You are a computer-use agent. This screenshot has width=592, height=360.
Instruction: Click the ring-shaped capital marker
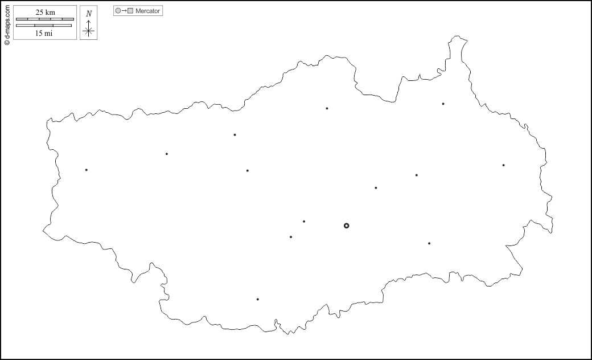tap(346, 226)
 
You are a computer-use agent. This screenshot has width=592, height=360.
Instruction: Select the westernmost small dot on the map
tap(87, 170)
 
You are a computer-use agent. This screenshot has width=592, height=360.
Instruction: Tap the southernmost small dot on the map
tap(257, 299)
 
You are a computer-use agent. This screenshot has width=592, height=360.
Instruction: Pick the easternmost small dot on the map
tap(503, 165)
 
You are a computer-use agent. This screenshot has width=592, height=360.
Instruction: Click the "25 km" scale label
tap(45, 13)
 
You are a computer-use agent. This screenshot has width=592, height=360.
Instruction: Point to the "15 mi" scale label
tap(44, 33)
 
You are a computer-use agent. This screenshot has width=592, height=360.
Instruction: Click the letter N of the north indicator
tap(88, 14)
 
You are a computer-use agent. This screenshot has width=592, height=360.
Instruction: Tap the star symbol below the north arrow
tap(88, 31)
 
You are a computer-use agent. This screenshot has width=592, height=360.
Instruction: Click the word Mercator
tap(148, 11)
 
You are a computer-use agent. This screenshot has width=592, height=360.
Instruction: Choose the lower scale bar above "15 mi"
tap(44, 26)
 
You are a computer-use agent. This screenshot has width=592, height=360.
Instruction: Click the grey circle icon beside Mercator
tap(118, 11)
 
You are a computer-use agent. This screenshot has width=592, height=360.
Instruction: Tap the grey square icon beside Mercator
tap(130, 11)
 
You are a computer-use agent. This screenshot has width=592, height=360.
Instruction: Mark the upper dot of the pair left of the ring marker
tap(304, 222)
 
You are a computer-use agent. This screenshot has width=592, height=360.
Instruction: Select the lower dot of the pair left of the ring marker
tap(291, 237)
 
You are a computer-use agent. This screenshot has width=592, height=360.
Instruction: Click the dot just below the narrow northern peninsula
tap(443, 104)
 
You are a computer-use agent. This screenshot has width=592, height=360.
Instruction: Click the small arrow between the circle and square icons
tap(124, 11)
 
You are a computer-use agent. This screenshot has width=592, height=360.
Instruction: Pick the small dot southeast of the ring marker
tap(429, 243)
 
